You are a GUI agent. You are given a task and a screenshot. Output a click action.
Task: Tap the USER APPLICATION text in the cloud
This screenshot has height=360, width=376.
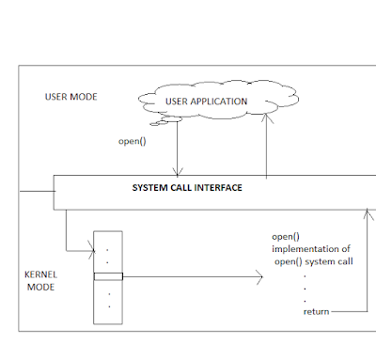pos(206,101)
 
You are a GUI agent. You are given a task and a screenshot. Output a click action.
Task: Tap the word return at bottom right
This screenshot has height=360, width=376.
pos(316,310)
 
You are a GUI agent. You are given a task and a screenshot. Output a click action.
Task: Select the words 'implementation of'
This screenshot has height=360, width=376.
pos(309,249)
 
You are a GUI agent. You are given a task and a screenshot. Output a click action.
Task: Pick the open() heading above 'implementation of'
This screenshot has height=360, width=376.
pos(284,236)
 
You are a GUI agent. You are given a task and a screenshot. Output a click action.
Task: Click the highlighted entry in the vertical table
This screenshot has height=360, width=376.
pos(108,276)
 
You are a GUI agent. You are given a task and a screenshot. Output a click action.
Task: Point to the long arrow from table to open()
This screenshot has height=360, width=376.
pos(188,276)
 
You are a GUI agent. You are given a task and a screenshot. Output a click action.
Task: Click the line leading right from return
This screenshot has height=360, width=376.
pos(346,310)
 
